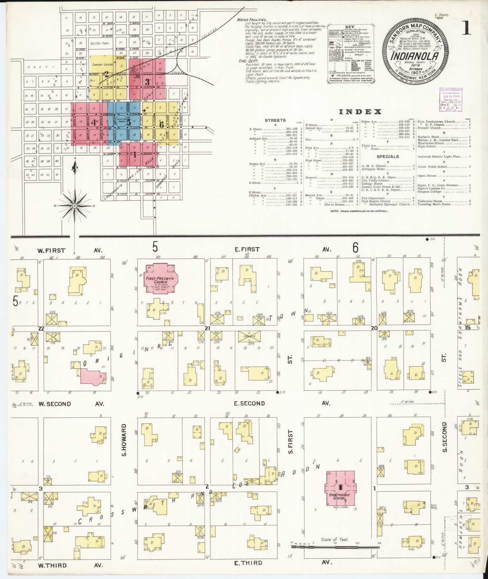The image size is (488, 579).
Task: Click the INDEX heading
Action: (x=360, y=112)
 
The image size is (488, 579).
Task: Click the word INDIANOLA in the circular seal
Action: (x=412, y=56)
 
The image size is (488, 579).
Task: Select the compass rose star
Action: (x=74, y=206)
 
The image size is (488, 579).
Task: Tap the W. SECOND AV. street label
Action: (x=55, y=404)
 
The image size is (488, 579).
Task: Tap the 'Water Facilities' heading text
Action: (x=251, y=19)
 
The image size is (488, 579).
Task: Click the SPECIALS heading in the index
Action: (x=388, y=156)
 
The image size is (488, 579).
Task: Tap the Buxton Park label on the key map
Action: (x=100, y=43)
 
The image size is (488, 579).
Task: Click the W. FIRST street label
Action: (x=51, y=250)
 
